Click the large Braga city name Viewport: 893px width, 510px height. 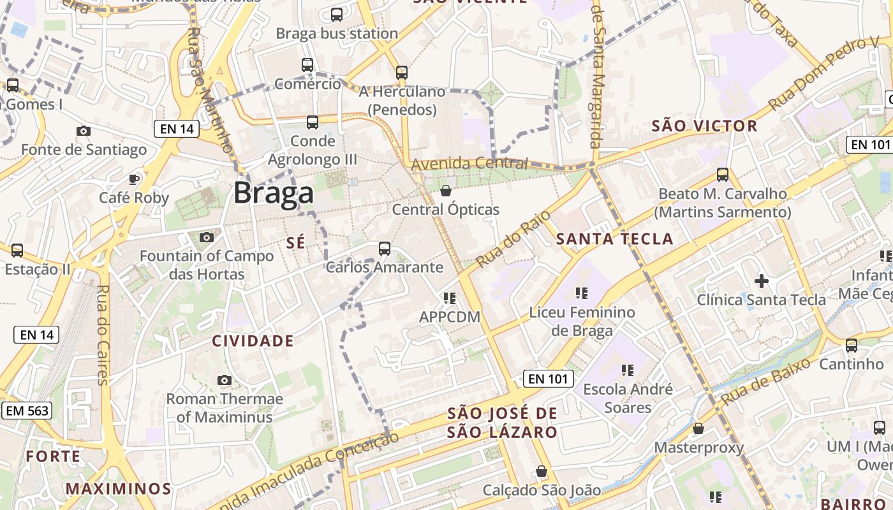(273, 193)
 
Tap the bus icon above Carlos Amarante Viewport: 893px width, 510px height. (384, 249)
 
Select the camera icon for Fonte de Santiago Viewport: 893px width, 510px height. (83, 131)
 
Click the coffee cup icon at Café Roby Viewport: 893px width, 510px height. (134, 179)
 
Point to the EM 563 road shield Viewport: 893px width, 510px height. (26, 411)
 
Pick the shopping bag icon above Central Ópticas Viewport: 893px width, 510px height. (446, 191)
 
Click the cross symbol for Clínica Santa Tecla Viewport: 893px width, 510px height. (761, 280)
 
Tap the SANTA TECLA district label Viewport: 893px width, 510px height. (614, 239)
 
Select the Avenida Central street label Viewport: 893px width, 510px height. (469, 164)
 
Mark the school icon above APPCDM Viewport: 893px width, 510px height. (450, 298)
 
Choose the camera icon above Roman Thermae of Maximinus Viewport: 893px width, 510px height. (224, 381)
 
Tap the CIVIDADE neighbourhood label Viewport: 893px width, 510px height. (253, 341)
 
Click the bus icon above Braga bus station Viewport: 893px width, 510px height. (337, 15)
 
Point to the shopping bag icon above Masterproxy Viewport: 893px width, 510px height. (698, 428)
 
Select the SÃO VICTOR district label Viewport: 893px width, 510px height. (704, 126)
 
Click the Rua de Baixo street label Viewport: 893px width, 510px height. (765, 381)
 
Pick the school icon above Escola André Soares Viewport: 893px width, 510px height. (627, 370)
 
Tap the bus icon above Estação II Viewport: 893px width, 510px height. (17, 251)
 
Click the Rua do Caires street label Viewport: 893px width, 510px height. (102, 335)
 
